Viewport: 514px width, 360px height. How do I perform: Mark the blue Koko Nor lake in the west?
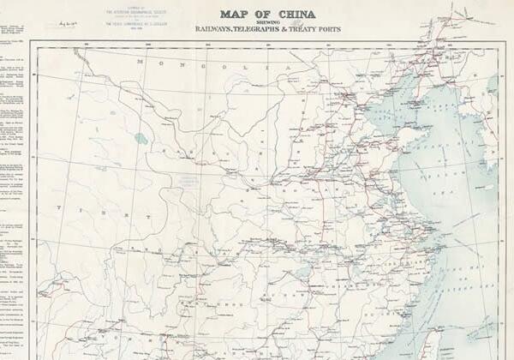[x=140, y=138]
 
